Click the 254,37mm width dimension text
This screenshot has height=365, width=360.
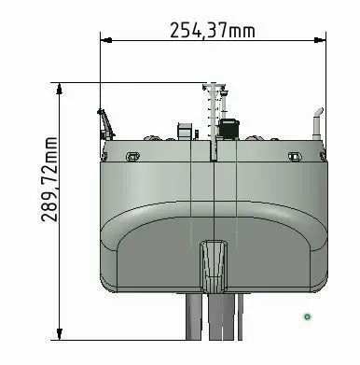pyautogui.click(x=213, y=31)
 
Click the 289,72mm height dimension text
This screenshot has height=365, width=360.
pyautogui.click(x=49, y=179)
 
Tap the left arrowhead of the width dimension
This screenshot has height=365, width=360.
pyautogui.click(x=106, y=40)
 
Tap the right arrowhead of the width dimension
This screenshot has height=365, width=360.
pyautogui.click(x=320, y=40)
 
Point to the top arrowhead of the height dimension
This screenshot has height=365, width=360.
pyautogui.click(x=59, y=89)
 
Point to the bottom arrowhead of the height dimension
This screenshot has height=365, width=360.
pyautogui.click(x=59, y=334)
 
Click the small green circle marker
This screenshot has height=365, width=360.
pyautogui.click(x=307, y=317)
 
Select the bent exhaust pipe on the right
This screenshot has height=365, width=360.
pyautogui.click(x=318, y=124)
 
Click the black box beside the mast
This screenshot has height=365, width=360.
pyautogui.click(x=228, y=128)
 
